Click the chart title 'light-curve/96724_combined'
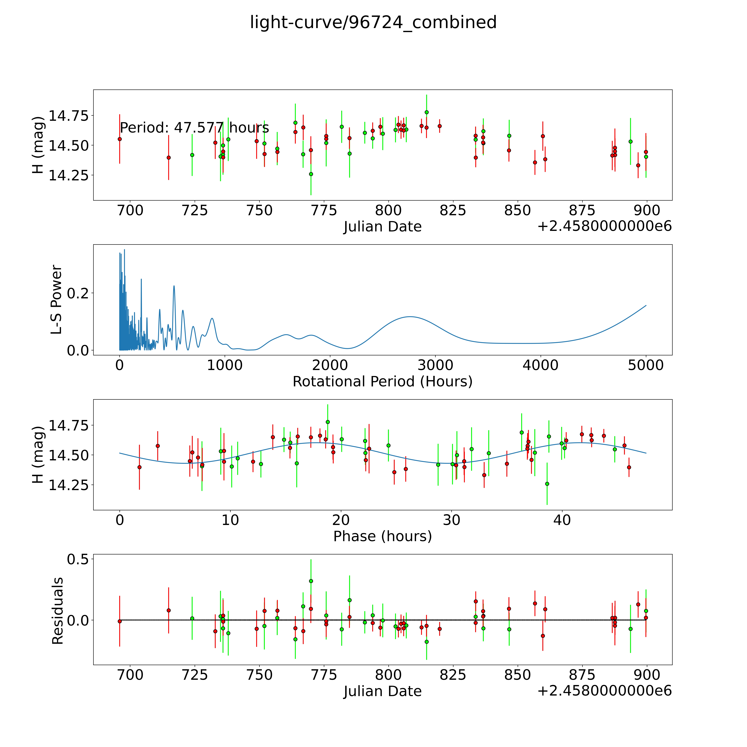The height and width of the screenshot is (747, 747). tap(373, 22)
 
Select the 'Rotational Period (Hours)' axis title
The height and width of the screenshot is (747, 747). tap(382, 382)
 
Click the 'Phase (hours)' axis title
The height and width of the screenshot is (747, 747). tap(382, 536)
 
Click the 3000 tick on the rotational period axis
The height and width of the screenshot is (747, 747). tap(435, 365)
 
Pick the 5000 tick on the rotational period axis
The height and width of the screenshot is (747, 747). tap(646, 365)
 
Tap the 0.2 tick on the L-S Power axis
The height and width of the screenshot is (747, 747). tap(78, 293)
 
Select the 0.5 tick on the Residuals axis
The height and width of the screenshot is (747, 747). tap(78, 559)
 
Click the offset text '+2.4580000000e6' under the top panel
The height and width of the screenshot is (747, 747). tap(604, 226)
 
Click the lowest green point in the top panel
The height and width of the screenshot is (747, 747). tap(311, 174)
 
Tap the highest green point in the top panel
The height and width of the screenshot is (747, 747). tap(426, 112)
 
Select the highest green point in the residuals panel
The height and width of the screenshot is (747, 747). tap(311, 581)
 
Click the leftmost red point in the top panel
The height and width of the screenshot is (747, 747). tap(120, 139)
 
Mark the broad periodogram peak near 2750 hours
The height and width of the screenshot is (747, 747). tap(410, 317)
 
